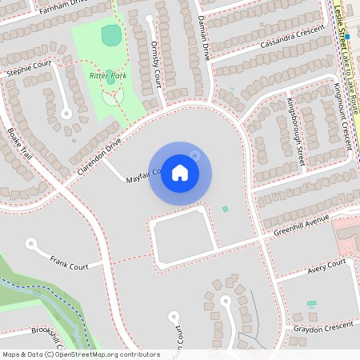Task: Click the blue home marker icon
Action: pos(180,173)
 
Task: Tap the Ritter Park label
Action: pos(108,75)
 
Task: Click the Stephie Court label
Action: pos(29,67)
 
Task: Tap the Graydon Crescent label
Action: pos(323,325)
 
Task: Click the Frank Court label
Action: pos(69,261)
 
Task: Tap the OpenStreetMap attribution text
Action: pos(80,354)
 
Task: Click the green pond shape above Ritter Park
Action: pos(111,34)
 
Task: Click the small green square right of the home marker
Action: pos(225,209)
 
